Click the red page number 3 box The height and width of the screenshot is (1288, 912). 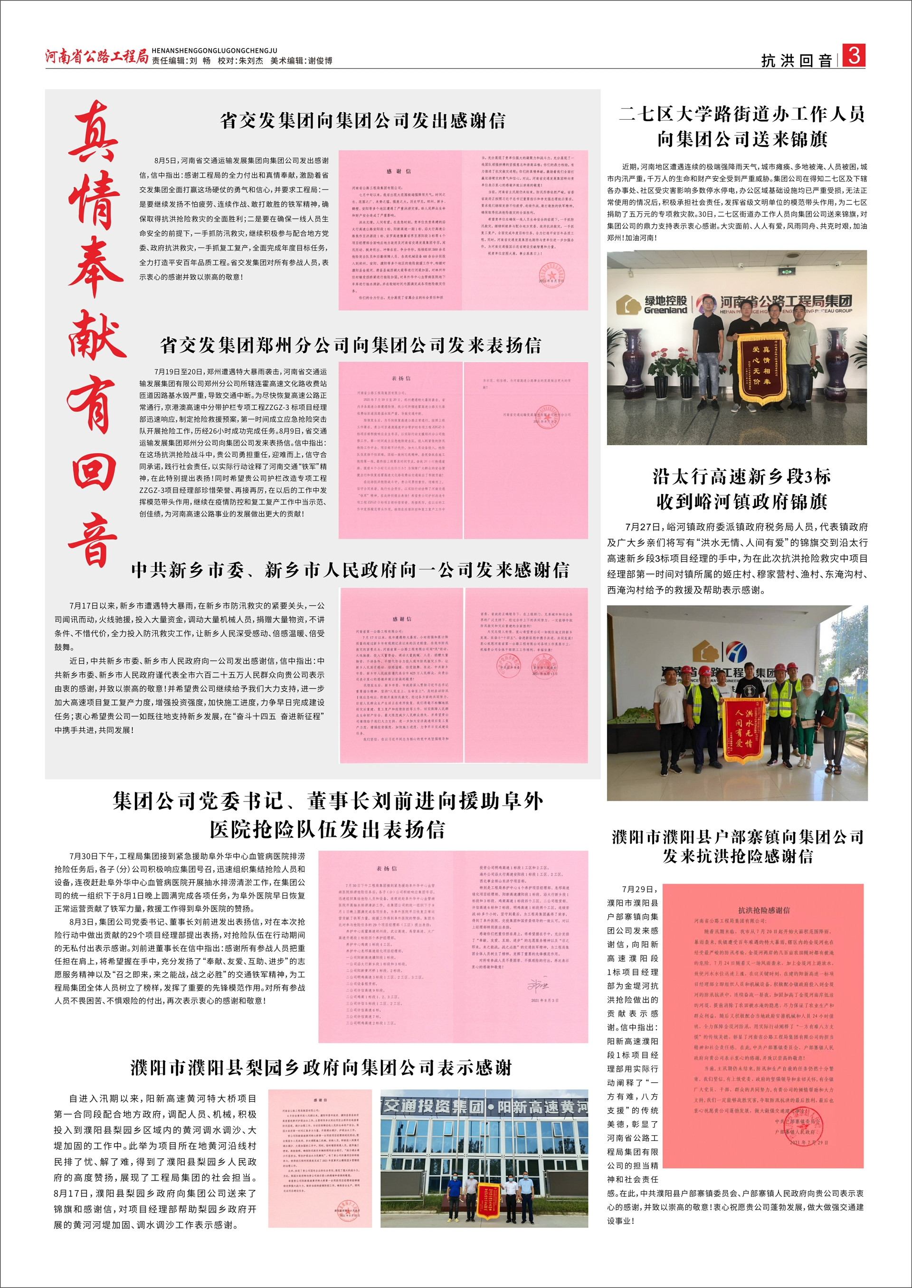click(x=854, y=56)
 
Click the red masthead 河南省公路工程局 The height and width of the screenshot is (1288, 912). click(x=96, y=56)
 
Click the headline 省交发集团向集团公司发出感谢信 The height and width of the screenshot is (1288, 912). click(x=363, y=121)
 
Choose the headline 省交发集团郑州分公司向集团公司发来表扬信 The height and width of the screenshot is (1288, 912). click(x=351, y=345)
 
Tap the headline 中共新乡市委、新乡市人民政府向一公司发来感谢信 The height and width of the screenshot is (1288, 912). click(x=350, y=570)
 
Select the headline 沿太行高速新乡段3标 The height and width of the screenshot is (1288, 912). click(x=741, y=477)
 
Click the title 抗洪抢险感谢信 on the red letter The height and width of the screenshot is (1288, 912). click(x=763, y=909)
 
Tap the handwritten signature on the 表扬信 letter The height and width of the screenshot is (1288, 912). click(x=537, y=985)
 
